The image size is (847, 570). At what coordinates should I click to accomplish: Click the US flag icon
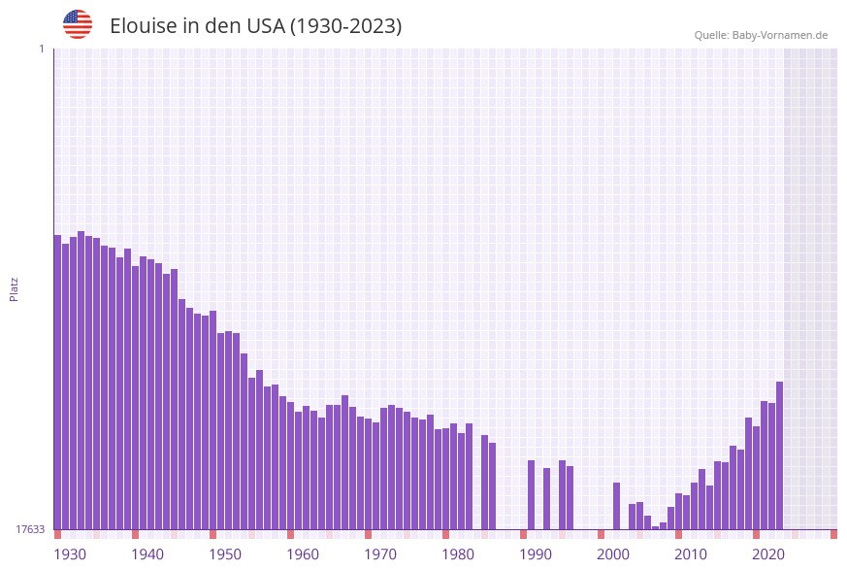(x=78, y=24)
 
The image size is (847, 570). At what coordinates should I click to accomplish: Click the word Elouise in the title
(x=143, y=26)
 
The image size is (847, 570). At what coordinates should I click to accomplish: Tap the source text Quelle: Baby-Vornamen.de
(x=761, y=35)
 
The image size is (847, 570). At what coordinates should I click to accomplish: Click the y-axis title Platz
(x=14, y=288)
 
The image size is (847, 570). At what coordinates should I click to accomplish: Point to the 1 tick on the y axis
(x=41, y=49)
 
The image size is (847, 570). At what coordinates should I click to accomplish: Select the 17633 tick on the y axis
(x=30, y=529)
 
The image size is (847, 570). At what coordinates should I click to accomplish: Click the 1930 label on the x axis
(x=70, y=554)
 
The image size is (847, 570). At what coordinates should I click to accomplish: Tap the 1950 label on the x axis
(x=225, y=554)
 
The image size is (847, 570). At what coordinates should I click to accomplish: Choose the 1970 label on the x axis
(x=380, y=554)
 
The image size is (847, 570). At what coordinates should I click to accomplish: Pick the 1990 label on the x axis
(x=536, y=554)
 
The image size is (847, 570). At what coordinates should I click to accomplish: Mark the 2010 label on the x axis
(x=691, y=554)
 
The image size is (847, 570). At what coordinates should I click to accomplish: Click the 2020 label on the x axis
(x=768, y=554)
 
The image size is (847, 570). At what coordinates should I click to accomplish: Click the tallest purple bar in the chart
(x=81, y=380)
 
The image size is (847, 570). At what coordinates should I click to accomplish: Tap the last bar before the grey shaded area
(x=779, y=455)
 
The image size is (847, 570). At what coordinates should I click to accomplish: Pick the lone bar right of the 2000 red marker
(x=616, y=506)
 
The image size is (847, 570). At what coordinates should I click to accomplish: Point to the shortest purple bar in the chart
(x=656, y=527)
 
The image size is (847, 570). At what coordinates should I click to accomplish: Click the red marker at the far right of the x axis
(x=833, y=534)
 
